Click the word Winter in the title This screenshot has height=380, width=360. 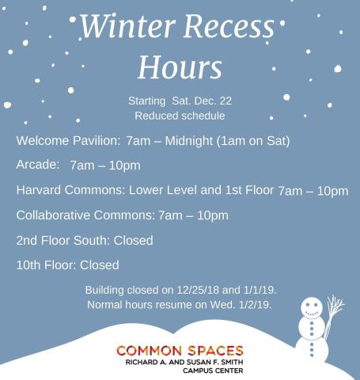pos(127,25)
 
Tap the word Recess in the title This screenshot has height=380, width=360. pos(229,26)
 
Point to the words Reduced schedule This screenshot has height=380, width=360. pos(180,116)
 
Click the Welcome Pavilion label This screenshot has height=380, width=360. pos(68,140)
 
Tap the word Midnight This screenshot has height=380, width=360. pos(189,141)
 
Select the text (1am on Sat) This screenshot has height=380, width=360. pos(253,141)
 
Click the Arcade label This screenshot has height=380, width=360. pos(38,165)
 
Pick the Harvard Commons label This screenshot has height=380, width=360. pos(70,190)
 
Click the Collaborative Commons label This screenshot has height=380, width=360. pos(85,215)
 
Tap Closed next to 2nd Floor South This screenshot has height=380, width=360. pos(133,241)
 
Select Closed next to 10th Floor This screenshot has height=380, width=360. pos(100,265)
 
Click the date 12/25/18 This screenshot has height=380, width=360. pos(198,290)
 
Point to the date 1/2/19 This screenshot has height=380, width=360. pos(255,305)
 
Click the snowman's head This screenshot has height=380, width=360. pos(312,308)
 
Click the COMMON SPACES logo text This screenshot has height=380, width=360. pos(180,351)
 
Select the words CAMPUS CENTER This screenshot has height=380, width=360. pos(213,370)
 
